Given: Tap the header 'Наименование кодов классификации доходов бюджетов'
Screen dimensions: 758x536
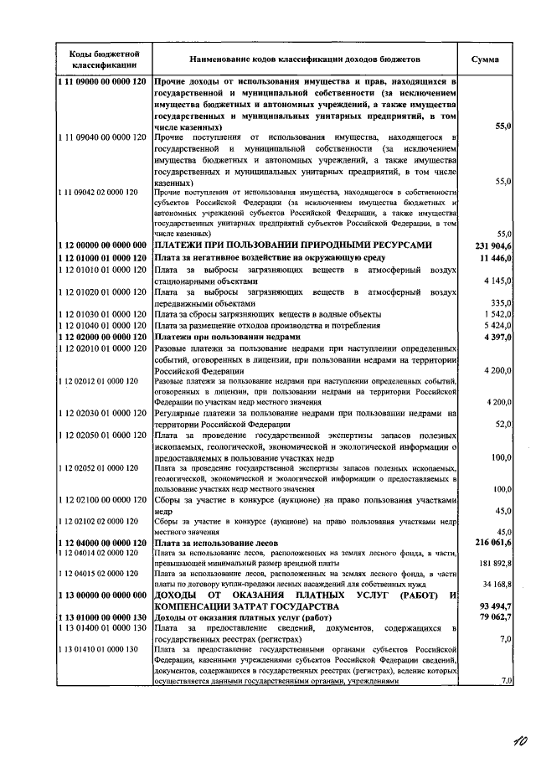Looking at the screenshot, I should (x=305, y=60).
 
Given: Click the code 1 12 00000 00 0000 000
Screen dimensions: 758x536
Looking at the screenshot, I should (x=104, y=245).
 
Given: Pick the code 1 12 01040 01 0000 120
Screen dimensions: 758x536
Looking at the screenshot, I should (x=104, y=325).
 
